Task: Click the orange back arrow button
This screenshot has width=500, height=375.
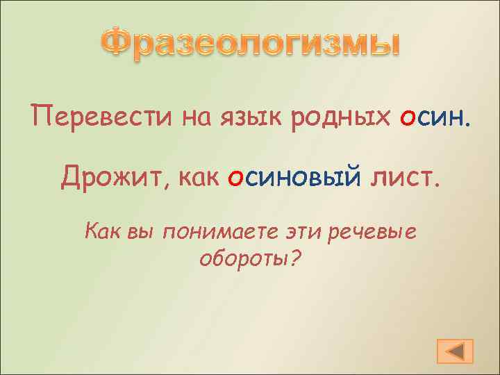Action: coord(456,351)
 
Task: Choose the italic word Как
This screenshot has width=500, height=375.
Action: coord(102,231)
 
